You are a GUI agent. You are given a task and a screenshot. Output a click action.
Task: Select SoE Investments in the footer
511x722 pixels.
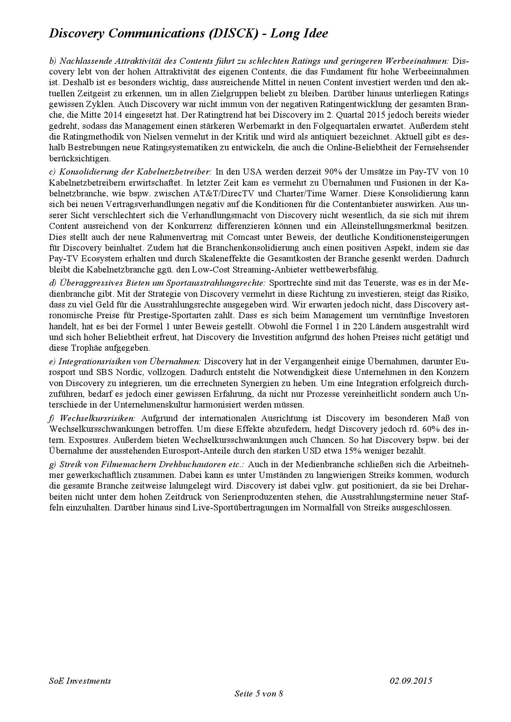[x=80, y=680]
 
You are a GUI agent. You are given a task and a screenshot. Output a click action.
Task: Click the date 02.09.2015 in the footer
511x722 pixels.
[x=411, y=680]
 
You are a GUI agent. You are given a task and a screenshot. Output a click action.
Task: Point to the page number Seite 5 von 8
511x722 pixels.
[x=258, y=693]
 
